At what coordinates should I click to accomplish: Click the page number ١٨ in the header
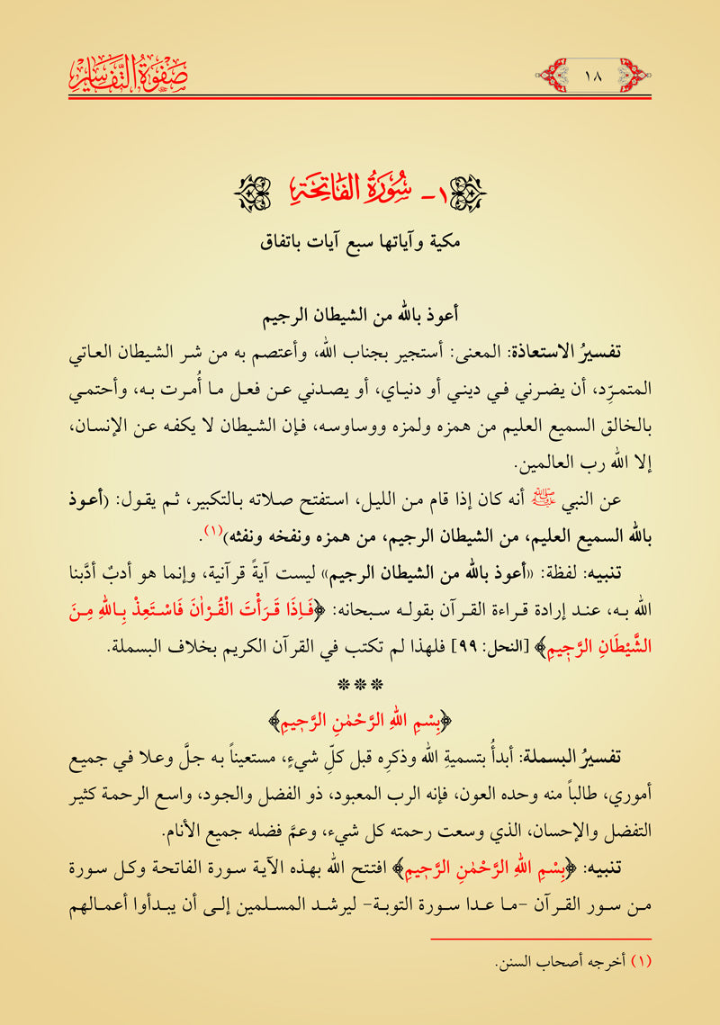coord(594,68)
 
